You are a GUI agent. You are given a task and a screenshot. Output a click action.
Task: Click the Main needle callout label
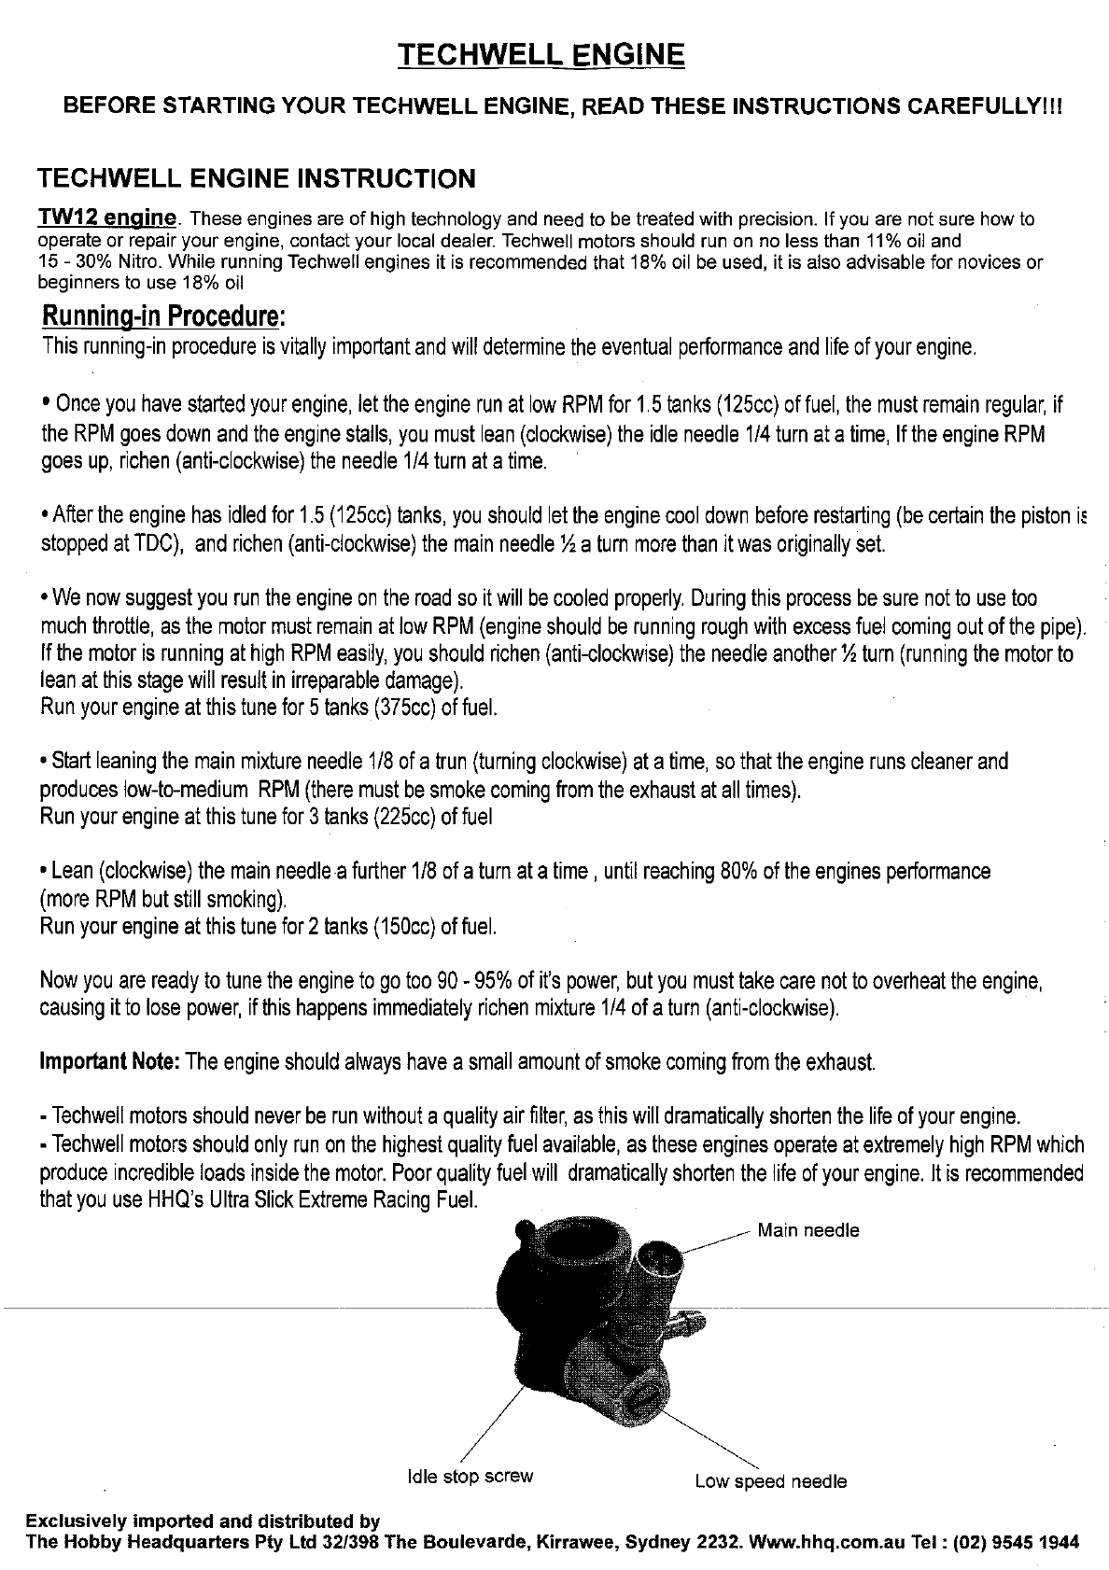[x=807, y=1230]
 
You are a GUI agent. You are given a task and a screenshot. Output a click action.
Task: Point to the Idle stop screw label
[x=470, y=1476]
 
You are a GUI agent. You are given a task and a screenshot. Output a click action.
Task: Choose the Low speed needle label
[x=770, y=1481]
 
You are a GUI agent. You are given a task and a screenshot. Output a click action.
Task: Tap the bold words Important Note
[x=111, y=1062]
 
